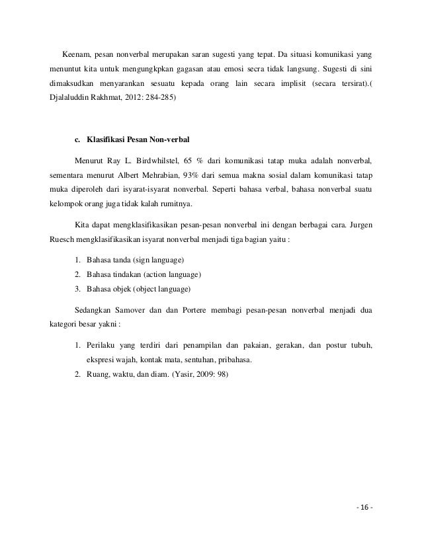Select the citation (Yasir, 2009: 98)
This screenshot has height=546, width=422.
198,375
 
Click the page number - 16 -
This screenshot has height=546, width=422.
363,508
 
